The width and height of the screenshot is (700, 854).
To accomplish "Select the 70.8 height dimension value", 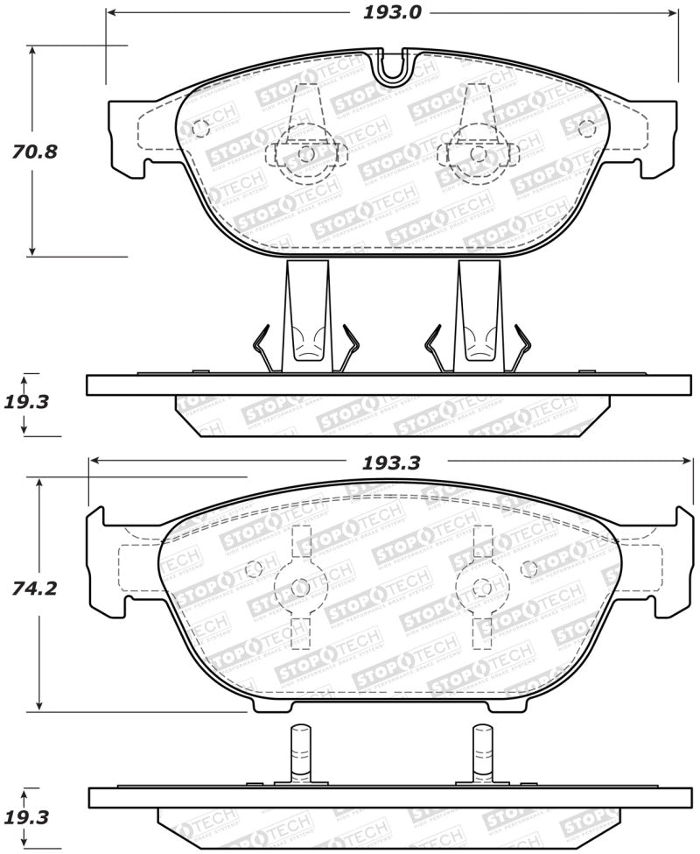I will coord(35,151).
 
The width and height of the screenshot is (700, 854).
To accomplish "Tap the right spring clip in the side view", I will coord(478,320).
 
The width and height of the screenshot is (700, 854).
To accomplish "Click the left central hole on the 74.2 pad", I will coord(300,588).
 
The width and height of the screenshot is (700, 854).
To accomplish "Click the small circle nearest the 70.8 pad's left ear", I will coord(199,128).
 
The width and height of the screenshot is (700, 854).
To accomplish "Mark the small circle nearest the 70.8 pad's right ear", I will coord(587,128).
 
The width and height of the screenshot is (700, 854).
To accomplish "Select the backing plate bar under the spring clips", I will coord(388,385).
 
